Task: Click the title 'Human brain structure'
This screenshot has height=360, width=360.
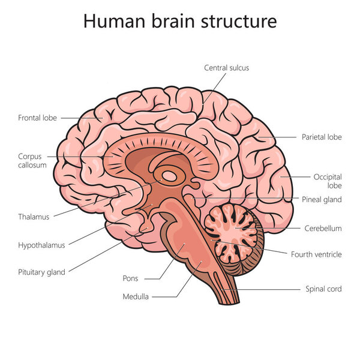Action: (180, 21)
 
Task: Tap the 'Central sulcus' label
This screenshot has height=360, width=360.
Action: (226, 68)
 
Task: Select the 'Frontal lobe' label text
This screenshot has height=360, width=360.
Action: (37, 118)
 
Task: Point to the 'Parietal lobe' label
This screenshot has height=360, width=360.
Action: (322, 137)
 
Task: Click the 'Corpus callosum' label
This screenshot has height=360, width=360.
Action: (32, 161)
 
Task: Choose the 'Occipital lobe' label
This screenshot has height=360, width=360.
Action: (328, 181)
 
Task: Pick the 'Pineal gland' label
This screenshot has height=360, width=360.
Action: (322, 200)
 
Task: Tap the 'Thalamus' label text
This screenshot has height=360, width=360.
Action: (34, 217)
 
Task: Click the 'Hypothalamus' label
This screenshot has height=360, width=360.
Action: (41, 245)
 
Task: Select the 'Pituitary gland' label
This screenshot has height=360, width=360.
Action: (41, 272)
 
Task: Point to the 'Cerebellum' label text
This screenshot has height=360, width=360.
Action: (323, 228)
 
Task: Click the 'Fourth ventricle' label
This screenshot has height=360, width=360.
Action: (316, 254)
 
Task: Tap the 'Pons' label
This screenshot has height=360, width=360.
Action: (130, 278)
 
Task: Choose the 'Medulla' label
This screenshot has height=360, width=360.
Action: (136, 296)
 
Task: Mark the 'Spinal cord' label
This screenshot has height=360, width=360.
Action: (323, 289)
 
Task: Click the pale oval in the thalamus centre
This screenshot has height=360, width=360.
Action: (169, 176)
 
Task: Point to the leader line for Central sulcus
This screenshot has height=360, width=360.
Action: (214, 89)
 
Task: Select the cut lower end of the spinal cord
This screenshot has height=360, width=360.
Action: (229, 303)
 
